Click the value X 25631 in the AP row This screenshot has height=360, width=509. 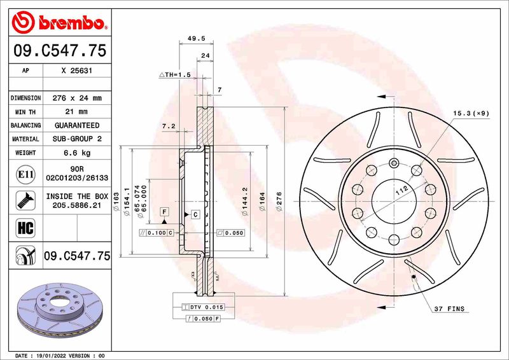point(76,71)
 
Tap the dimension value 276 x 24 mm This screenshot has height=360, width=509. point(76,98)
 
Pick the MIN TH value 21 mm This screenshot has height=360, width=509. point(76,112)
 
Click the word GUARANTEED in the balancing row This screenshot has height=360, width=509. point(76,125)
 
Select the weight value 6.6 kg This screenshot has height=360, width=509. point(76,153)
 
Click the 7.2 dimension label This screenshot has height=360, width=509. point(168,126)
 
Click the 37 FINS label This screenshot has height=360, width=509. point(450,309)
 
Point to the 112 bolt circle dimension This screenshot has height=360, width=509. point(401,189)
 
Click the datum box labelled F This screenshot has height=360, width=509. point(164,211)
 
